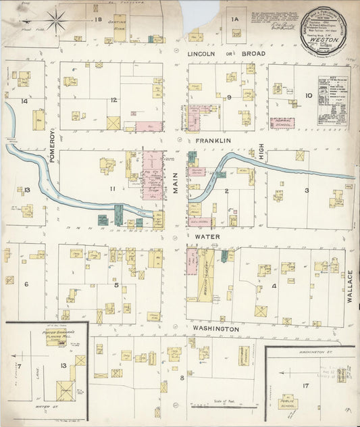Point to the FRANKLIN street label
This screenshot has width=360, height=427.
click(x=213, y=141)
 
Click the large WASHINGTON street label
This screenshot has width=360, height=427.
click(x=215, y=328)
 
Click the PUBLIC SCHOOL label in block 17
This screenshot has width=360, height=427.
click(x=288, y=403)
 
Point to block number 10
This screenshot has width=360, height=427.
click(x=308, y=96)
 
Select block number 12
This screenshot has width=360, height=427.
click(x=114, y=100)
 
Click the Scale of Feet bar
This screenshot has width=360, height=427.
click(x=215, y=407)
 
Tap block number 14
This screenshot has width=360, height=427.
click(x=24, y=101)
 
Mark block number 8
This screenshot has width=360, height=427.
click(x=182, y=377)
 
